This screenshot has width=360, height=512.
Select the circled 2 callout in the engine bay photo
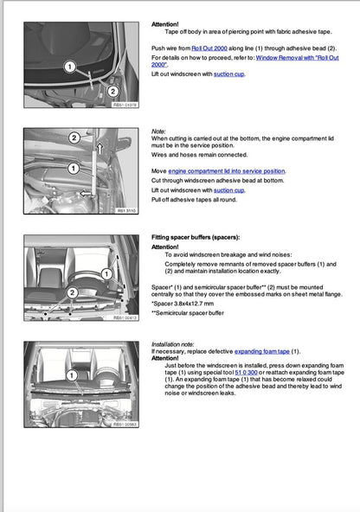(74, 138)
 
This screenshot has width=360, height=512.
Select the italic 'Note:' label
(158, 131)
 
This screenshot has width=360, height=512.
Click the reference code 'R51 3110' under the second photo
(125, 209)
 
